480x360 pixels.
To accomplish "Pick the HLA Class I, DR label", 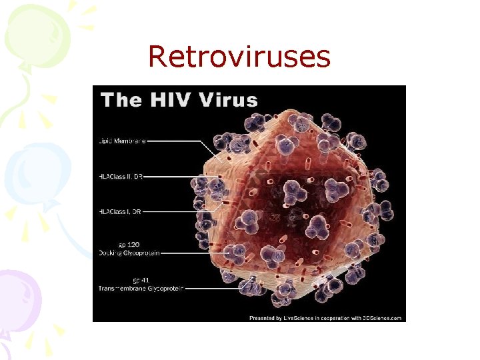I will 120,211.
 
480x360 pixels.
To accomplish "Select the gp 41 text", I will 130,280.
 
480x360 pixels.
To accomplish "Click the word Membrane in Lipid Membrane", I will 130,141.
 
